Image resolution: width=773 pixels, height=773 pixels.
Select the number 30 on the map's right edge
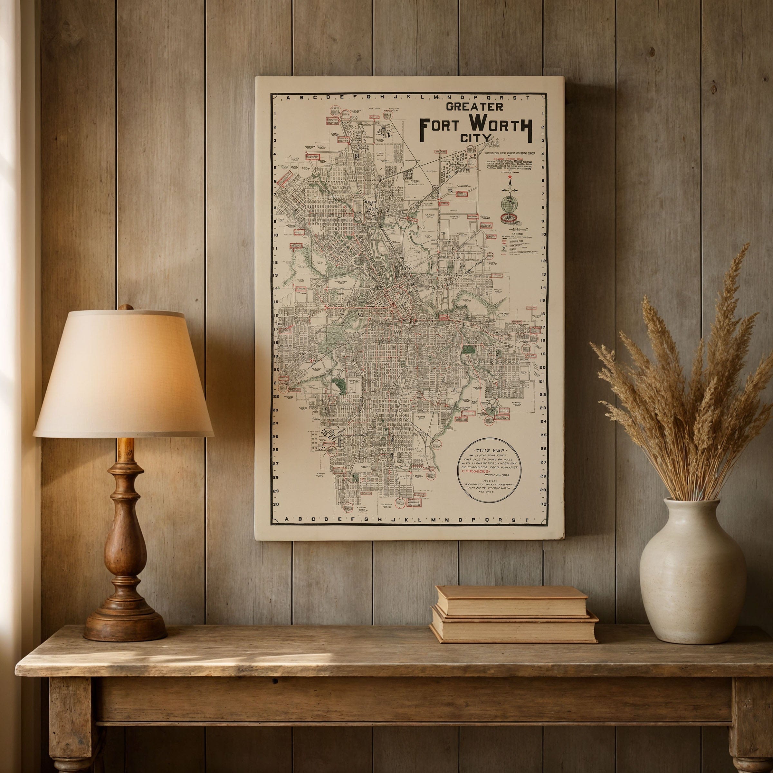point(543,504)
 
